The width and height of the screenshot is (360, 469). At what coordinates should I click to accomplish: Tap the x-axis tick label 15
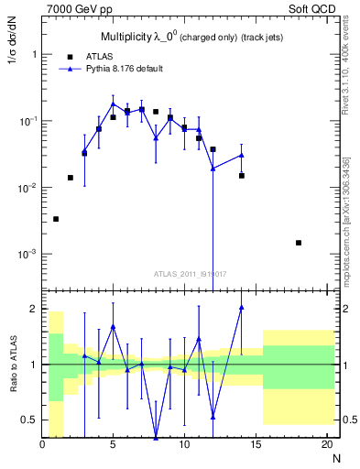tap(256, 445)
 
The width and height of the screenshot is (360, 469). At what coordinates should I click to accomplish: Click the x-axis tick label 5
tap(113, 445)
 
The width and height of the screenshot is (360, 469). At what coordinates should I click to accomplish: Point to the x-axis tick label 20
tap(326, 445)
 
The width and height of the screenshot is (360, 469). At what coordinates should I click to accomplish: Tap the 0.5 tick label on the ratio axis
tap(28, 420)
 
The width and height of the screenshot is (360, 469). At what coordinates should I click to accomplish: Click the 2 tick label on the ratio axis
tap(34, 309)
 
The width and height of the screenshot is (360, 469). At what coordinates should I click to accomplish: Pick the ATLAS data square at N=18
tap(299, 243)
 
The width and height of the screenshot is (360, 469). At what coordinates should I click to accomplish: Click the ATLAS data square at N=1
tap(56, 219)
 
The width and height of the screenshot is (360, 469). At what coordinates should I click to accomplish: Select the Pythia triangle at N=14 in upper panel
tap(242, 155)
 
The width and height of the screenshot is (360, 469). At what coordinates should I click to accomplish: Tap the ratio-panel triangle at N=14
tap(242, 307)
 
